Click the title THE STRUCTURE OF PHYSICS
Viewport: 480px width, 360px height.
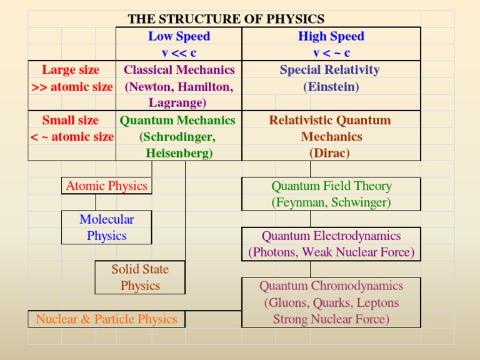(226, 19)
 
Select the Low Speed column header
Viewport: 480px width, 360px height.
(179, 36)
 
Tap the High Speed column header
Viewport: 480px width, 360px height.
(331, 36)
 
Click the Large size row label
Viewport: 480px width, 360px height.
(71, 69)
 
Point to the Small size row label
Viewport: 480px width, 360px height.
(70, 120)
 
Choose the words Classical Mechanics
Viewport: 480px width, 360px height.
(179, 69)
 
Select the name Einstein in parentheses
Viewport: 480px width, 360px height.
(331, 87)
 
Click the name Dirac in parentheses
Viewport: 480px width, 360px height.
(329, 153)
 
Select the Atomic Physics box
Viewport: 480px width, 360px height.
(107, 186)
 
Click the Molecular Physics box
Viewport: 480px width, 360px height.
(107, 227)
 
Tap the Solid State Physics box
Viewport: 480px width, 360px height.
(140, 277)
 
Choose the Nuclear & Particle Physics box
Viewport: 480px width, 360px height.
(106, 319)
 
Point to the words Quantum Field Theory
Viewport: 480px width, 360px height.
(331, 186)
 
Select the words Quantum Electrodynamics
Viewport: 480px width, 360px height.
(331, 236)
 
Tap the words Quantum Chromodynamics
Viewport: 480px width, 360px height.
(331, 286)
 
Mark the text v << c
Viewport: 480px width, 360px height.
(179, 53)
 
